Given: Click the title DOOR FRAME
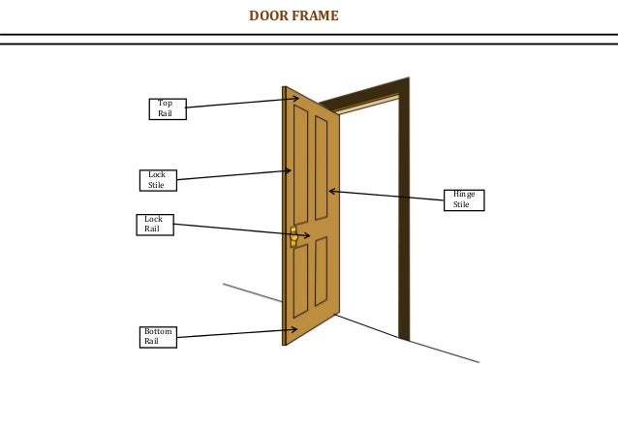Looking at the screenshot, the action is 294,15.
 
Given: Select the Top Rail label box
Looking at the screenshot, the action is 167,108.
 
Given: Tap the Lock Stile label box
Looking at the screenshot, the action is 157,179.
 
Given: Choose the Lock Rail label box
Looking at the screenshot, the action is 153,225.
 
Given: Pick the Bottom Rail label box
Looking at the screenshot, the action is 158,336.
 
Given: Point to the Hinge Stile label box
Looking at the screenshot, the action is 463,199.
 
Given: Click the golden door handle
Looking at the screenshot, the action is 294,236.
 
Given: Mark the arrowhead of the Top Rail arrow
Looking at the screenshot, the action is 295,99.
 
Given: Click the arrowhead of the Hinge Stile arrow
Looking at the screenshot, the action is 331,191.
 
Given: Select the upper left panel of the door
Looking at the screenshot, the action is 300,165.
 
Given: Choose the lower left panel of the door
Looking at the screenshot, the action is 300,281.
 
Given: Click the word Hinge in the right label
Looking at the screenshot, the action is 464,195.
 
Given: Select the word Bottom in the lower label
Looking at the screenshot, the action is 158,331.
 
